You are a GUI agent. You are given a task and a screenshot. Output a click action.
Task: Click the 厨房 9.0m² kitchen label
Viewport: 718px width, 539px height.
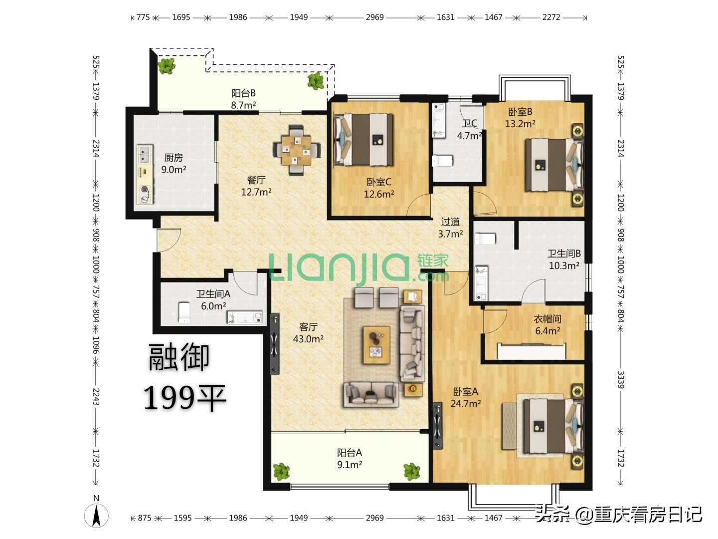(x=174, y=164)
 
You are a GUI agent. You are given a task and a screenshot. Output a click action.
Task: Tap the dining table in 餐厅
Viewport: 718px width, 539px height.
(x=297, y=150)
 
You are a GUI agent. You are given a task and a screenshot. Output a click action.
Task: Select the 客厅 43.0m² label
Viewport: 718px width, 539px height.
(x=308, y=333)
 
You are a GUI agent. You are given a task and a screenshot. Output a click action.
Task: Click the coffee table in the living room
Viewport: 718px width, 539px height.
(x=376, y=345)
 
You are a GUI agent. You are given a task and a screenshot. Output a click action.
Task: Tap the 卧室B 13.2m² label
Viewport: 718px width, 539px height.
(x=520, y=118)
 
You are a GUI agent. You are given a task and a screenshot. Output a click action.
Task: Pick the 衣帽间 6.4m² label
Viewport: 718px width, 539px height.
(x=547, y=324)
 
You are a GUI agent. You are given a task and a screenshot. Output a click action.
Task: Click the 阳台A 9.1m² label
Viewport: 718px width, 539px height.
(x=350, y=459)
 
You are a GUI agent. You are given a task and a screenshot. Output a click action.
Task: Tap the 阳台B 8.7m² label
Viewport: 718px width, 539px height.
(x=243, y=99)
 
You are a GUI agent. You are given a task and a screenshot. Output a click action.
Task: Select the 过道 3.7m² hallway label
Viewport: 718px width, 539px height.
(x=450, y=228)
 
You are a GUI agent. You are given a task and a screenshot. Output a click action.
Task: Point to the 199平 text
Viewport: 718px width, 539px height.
(x=185, y=398)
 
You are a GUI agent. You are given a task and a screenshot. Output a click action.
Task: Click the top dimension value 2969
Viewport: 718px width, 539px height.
(x=374, y=17)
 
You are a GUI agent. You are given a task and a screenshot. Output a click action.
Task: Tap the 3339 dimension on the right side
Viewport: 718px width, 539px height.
(x=621, y=379)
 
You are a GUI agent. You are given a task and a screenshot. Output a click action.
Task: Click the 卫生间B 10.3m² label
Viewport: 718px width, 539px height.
(x=564, y=260)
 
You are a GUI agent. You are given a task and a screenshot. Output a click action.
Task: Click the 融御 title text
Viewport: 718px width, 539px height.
(x=179, y=358)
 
